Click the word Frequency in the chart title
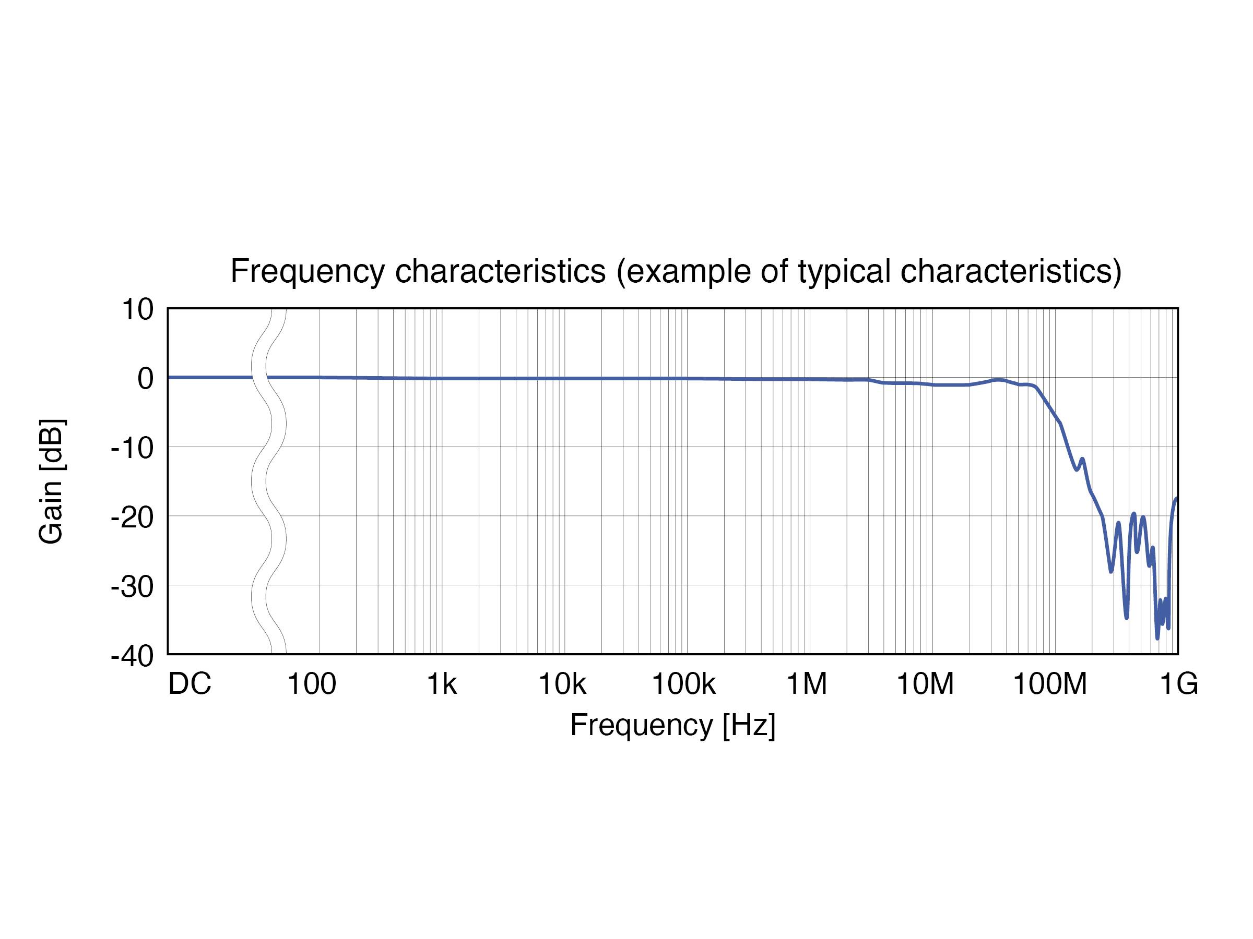click(308, 272)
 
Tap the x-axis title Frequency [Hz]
click(672, 725)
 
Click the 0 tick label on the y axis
click(146, 379)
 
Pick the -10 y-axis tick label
click(133, 448)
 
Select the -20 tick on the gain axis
click(133, 518)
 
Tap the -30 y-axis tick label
click(133, 587)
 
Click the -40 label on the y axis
click(133, 657)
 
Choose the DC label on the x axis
click(190, 684)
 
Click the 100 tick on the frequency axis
click(312, 684)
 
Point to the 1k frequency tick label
click(442, 684)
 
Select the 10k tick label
click(562, 684)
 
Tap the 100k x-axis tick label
click(684, 684)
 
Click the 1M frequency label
click(807, 684)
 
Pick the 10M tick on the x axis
click(925, 684)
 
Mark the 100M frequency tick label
click(1049, 684)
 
